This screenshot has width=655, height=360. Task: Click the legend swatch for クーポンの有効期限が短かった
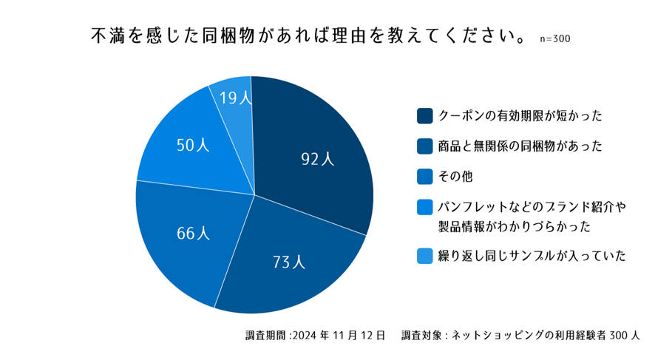(x=424, y=116)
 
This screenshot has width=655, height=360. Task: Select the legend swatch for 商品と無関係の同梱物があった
(x=424, y=146)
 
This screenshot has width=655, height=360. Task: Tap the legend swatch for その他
(x=424, y=177)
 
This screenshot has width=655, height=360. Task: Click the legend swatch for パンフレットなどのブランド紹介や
(x=424, y=207)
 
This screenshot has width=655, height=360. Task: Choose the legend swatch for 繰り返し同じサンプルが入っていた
(x=424, y=256)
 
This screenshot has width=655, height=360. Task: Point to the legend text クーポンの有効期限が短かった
(x=520, y=116)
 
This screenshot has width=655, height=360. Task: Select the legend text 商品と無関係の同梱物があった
(x=520, y=146)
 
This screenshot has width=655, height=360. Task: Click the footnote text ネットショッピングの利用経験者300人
(x=547, y=336)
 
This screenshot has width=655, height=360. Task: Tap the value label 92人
(x=318, y=158)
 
